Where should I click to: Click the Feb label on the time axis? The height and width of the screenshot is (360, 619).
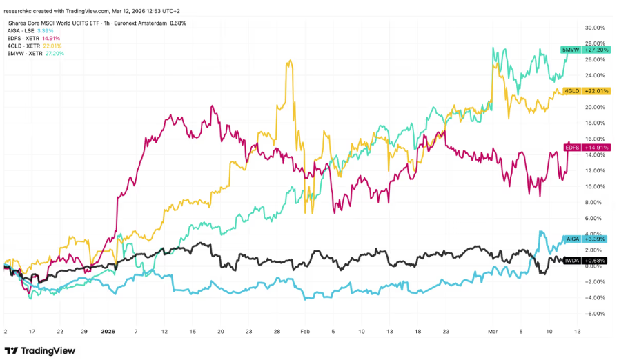point(305,331)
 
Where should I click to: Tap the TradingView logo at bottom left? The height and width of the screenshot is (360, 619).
point(40,350)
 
